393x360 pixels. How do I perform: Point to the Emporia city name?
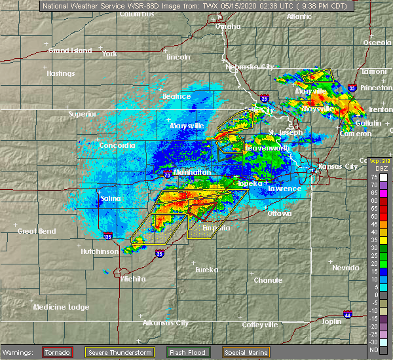point(215,228)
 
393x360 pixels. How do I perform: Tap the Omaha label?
point(228,27)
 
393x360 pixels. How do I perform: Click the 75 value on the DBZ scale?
point(375,177)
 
